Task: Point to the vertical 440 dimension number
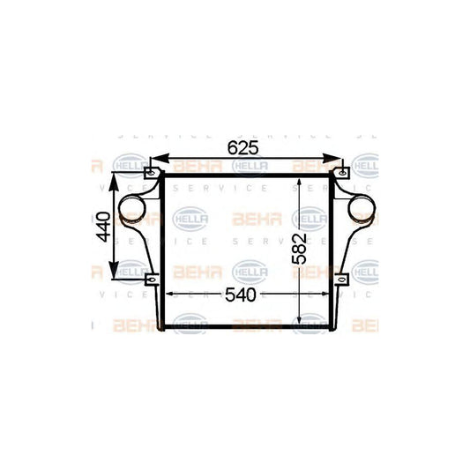[x=104, y=227]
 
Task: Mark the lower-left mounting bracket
[x=152, y=281]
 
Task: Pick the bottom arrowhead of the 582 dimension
[x=302, y=323]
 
